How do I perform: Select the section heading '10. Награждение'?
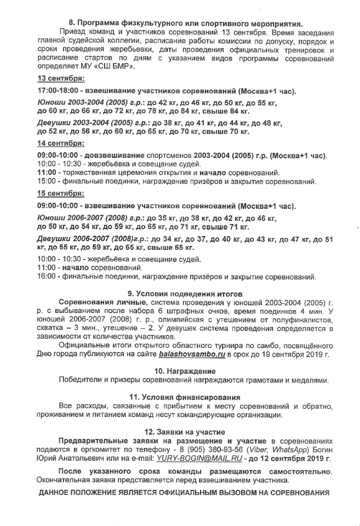[180, 370]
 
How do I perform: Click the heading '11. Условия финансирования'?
[180, 396]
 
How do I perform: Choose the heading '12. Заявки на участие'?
[180, 431]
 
